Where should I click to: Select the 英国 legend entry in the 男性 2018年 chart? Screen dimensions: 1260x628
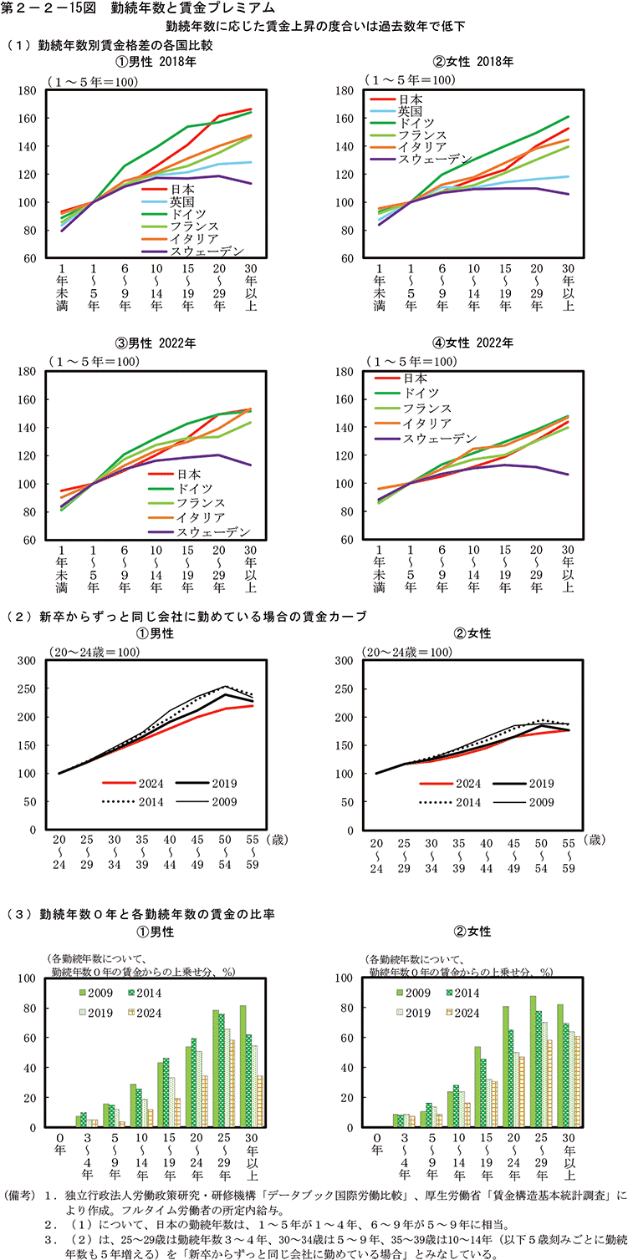pos(183,201)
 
